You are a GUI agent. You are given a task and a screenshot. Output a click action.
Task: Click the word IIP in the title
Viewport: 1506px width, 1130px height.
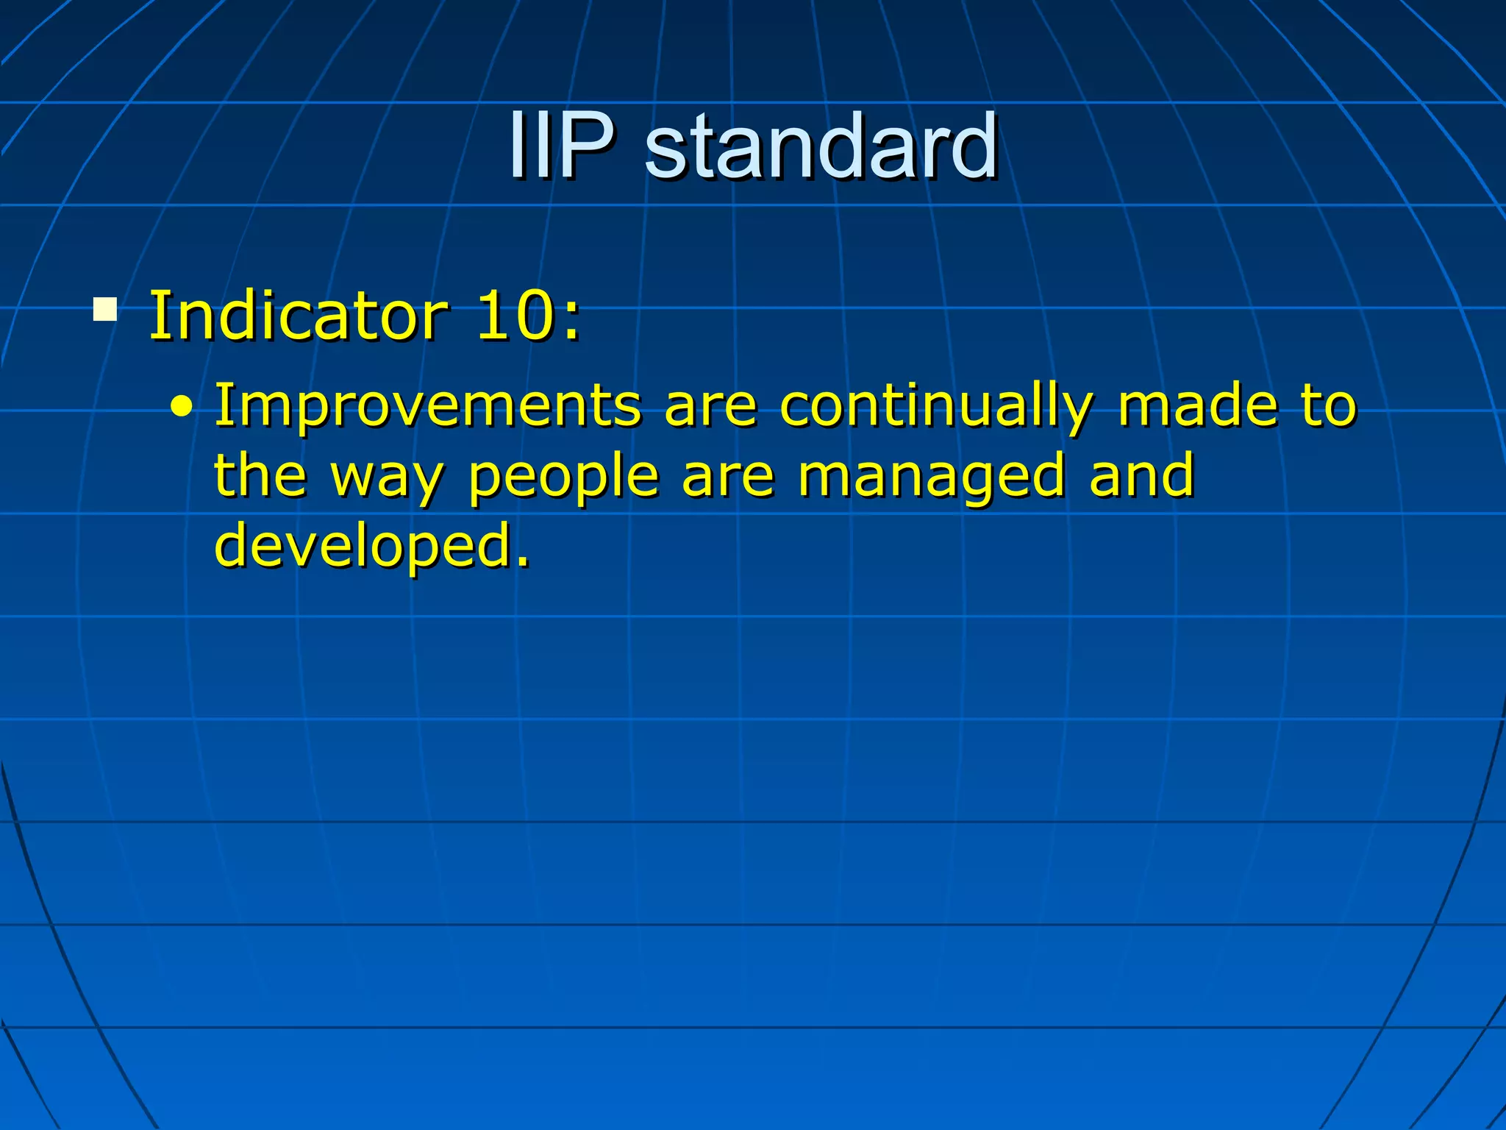(561, 145)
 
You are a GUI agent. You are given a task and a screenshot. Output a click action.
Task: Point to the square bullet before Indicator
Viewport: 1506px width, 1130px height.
(105, 310)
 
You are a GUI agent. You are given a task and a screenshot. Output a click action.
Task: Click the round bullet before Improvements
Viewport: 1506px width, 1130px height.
(182, 407)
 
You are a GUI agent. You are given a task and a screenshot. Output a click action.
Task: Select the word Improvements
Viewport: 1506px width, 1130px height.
(427, 405)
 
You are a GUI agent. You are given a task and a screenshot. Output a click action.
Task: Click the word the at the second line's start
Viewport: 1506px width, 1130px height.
(260, 475)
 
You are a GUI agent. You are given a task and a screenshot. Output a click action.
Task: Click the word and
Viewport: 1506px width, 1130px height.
(1141, 475)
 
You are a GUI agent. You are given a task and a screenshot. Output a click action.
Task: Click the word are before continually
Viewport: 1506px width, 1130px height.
(710, 407)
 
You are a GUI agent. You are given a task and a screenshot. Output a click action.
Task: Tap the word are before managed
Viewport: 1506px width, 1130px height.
(728, 477)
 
